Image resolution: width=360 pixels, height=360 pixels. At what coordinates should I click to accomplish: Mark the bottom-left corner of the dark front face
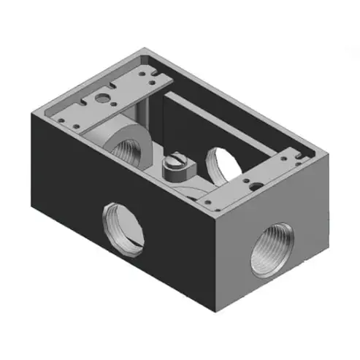coord(34,203)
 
